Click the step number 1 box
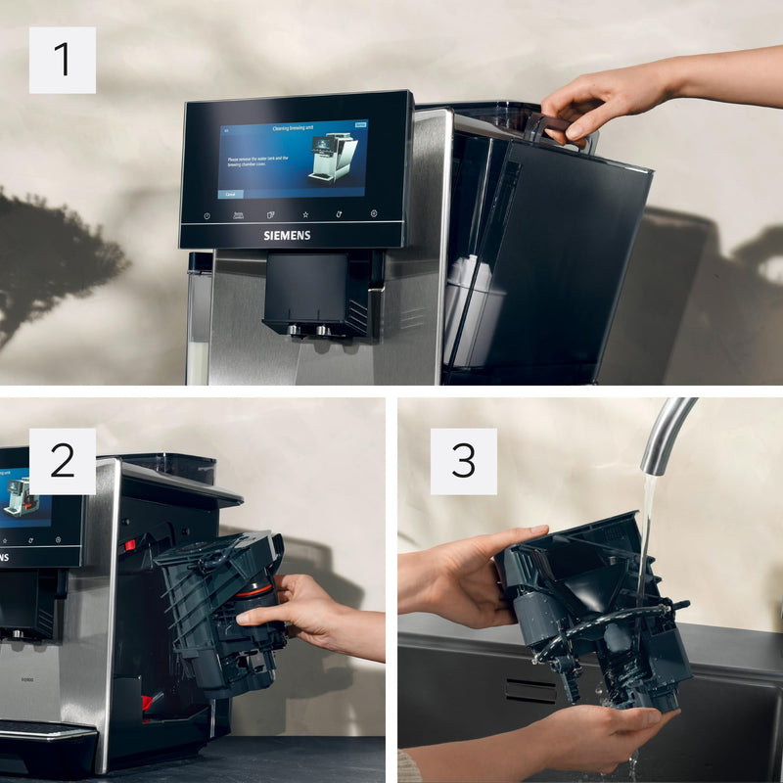click(62, 60)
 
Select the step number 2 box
click(62, 461)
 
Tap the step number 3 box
click(463, 461)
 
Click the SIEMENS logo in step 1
click(287, 235)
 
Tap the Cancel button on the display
click(230, 194)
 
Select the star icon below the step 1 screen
click(305, 213)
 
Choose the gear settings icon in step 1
click(373, 213)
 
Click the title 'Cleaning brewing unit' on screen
click(292, 128)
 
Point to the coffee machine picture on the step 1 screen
click(333, 157)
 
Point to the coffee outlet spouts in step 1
click(309, 330)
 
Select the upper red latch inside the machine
click(130, 544)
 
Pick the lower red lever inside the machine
click(147, 702)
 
